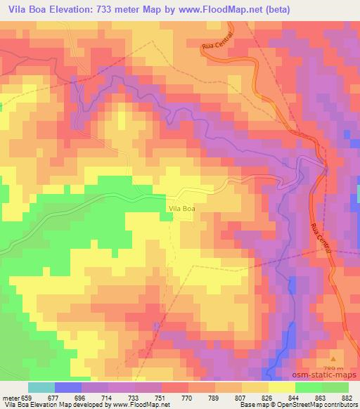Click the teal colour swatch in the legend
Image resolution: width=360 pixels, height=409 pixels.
tap(41, 387)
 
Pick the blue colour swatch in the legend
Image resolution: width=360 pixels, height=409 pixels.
tap(68, 387)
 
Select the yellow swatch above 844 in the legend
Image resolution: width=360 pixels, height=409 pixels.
tap(282, 387)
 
